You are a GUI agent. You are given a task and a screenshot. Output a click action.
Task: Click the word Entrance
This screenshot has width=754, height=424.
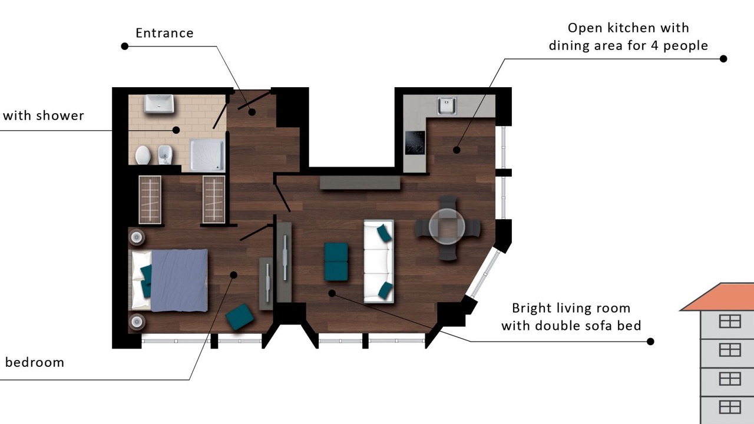(164, 33)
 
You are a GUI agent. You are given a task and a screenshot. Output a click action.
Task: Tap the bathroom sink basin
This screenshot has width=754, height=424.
(159, 104)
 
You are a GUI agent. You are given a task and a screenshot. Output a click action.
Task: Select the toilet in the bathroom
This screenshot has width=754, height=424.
(143, 155)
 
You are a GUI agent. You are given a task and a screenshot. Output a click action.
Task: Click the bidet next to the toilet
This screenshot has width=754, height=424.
(165, 155)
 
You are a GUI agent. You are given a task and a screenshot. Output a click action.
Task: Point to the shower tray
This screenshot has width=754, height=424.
(207, 155)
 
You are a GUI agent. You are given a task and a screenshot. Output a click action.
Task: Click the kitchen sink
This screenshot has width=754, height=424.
(447, 105)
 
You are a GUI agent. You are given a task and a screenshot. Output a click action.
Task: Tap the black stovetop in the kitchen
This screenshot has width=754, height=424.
(415, 143)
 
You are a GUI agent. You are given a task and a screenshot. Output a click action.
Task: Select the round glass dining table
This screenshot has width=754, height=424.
(447, 227)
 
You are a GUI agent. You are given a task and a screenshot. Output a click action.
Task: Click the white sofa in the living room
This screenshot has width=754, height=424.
(379, 261)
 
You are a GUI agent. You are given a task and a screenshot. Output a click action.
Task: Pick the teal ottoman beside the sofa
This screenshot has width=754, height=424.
(336, 262)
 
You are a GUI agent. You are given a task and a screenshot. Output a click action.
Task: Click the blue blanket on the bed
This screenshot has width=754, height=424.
(179, 280)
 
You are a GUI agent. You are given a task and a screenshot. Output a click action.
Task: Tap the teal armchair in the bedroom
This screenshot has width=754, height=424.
(240, 317)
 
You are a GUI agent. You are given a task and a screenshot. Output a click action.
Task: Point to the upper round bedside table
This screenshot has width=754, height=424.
(137, 237)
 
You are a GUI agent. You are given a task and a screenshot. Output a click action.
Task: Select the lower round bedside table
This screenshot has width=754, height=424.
(137, 322)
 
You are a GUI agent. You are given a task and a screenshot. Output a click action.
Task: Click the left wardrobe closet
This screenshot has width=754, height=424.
(150, 200)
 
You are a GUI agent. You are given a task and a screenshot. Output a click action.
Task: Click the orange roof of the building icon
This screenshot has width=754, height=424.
(720, 297)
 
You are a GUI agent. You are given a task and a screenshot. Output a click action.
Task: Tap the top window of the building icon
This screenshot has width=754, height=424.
(730, 322)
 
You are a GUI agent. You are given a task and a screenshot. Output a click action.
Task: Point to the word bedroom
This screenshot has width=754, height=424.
(35, 362)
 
